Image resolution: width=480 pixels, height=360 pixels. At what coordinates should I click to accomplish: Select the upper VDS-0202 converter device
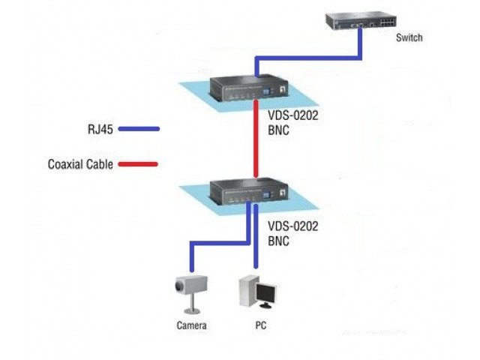pyautogui.click(x=247, y=88)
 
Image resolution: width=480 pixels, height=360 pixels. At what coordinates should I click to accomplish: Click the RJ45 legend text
pyautogui.click(x=100, y=129)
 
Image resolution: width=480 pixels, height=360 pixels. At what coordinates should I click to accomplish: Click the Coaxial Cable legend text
pyautogui.click(x=80, y=164)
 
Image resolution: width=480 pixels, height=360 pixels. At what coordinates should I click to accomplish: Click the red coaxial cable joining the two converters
pyautogui.click(x=256, y=142)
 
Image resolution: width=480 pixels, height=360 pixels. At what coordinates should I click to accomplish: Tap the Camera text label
pyautogui.click(x=191, y=325)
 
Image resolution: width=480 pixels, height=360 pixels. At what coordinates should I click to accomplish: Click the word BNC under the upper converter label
pyautogui.click(x=279, y=130)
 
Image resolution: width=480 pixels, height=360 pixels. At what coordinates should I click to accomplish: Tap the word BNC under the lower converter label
pyautogui.click(x=279, y=241)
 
